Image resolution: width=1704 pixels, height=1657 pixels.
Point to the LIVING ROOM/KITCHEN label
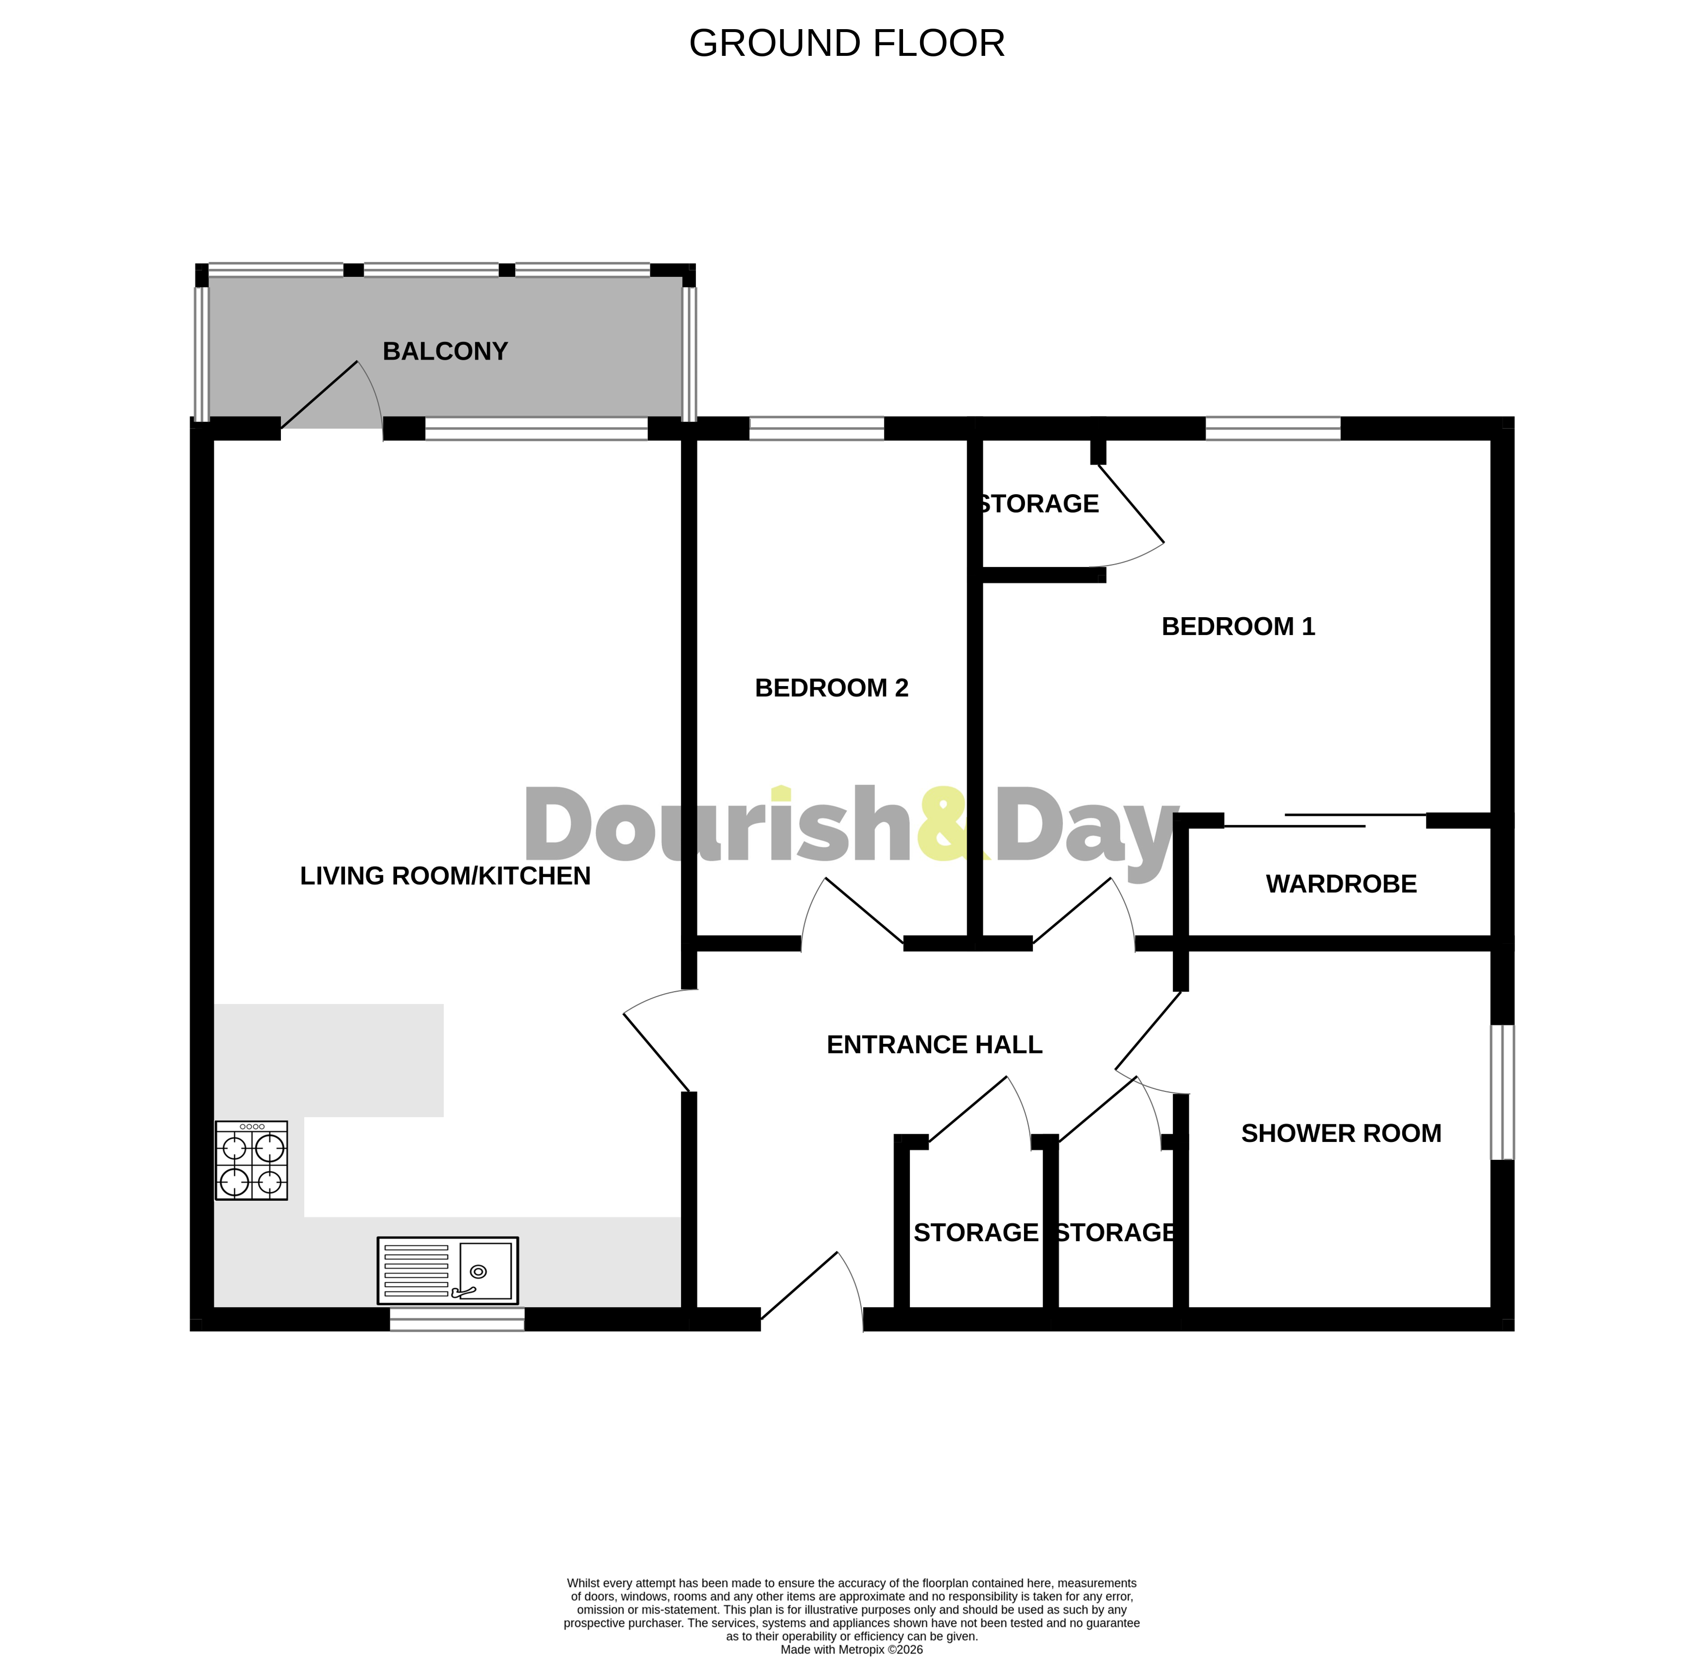[x=445, y=876]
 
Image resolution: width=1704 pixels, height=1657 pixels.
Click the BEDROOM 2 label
[x=831, y=688]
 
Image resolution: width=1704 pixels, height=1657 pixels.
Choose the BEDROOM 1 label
[x=1237, y=626]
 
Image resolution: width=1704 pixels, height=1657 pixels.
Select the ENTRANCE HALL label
[x=934, y=1044]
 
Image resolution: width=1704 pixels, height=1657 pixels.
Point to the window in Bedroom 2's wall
[x=817, y=428]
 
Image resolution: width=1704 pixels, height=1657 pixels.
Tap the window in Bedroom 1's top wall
[x=1272, y=428]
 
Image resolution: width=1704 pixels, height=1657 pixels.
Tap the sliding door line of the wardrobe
[x=1323, y=821]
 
